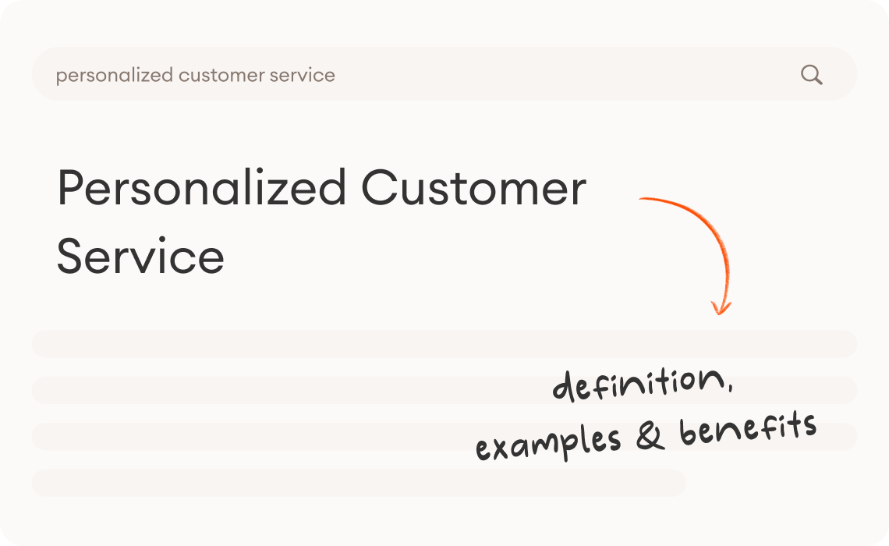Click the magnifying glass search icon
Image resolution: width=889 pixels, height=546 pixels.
click(x=811, y=75)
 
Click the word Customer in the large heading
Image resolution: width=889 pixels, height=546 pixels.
click(x=473, y=189)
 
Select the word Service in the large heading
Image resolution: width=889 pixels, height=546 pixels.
click(x=140, y=256)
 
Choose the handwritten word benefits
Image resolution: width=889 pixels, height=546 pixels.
click(x=748, y=428)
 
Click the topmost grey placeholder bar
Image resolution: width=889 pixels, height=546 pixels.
click(x=444, y=343)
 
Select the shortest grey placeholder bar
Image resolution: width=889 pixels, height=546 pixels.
click(x=359, y=483)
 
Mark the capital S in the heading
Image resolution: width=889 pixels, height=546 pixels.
click(x=73, y=256)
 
